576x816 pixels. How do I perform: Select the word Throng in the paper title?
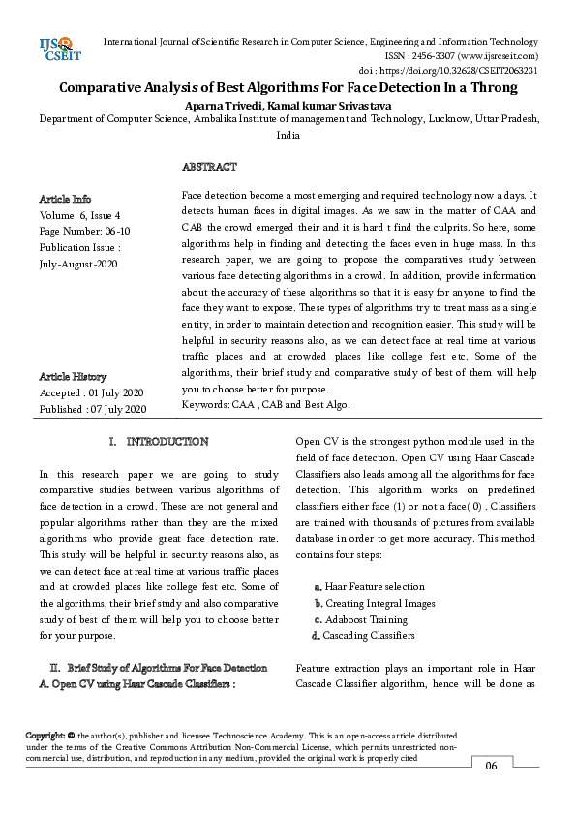tap(491, 88)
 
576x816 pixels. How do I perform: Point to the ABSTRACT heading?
tap(209, 168)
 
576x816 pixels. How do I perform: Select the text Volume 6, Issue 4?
tap(80, 215)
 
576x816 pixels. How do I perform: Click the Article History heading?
tap(73, 376)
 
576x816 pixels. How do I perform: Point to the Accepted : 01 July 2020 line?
tap(92, 392)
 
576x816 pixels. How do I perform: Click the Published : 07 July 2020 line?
tap(92, 409)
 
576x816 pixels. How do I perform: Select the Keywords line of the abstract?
tap(265, 404)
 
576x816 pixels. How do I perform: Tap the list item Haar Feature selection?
tap(374, 586)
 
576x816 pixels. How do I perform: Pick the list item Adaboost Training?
tap(366, 619)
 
